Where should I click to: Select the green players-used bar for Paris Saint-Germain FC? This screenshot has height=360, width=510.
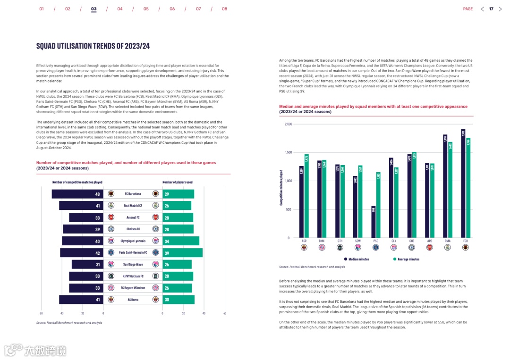pyautogui.click(x=182, y=252)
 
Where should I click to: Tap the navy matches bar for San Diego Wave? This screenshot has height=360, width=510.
pyautogui.click(x=87, y=264)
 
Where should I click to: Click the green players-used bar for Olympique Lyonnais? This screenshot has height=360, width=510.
pyautogui.click(x=180, y=241)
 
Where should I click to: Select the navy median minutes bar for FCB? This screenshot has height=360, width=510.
pyautogui.click(x=463, y=184)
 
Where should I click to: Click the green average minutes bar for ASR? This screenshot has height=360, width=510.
pyautogui.click(x=306, y=196)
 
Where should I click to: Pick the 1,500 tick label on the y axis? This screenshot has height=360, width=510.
pyautogui.click(x=289, y=152)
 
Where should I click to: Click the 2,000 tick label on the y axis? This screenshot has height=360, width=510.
pyautogui.click(x=289, y=124)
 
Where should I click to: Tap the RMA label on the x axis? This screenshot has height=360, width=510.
pyautogui.click(x=448, y=241)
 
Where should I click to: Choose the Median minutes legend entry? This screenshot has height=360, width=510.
pyautogui.click(x=357, y=259)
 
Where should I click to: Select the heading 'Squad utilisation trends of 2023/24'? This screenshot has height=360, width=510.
pyautogui.click(x=93, y=46)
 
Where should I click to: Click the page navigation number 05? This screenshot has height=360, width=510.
pyautogui.click(x=146, y=9)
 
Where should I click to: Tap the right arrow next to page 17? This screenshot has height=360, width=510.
pyautogui.click(x=501, y=9)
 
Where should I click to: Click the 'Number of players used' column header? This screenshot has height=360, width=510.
pyautogui.click(x=178, y=182)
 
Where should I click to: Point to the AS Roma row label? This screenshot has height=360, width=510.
pyautogui.click(x=133, y=300)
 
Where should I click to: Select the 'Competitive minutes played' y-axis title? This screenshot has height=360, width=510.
pyautogui.click(x=281, y=187)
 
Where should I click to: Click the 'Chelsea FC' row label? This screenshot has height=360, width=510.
pyautogui.click(x=133, y=229)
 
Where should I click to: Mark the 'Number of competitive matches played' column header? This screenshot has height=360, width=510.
pyautogui.click(x=77, y=182)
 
